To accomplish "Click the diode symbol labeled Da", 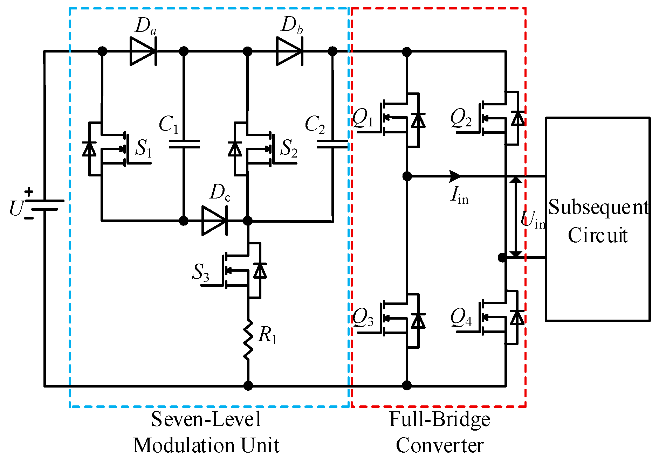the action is [x=143, y=51].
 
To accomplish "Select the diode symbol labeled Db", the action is [x=290, y=51].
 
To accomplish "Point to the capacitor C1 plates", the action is [x=184, y=144].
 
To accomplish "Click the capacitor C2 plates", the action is [x=332, y=144].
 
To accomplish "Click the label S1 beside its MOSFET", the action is [x=143, y=148].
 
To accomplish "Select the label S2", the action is [x=289, y=148].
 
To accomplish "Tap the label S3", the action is [x=201, y=272].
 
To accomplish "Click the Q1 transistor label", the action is [x=363, y=118].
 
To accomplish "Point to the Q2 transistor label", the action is [x=461, y=118].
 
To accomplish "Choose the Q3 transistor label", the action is [x=363, y=318].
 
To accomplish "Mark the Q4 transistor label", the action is [x=461, y=318].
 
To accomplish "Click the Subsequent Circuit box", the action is [x=598, y=219].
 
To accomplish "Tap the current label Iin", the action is [x=459, y=195].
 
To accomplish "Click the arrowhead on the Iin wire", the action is [x=455, y=176].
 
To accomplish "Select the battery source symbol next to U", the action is [x=45, y=205].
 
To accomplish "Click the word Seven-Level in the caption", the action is [x=206, y=419].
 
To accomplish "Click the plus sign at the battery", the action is [x=29, y=191].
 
